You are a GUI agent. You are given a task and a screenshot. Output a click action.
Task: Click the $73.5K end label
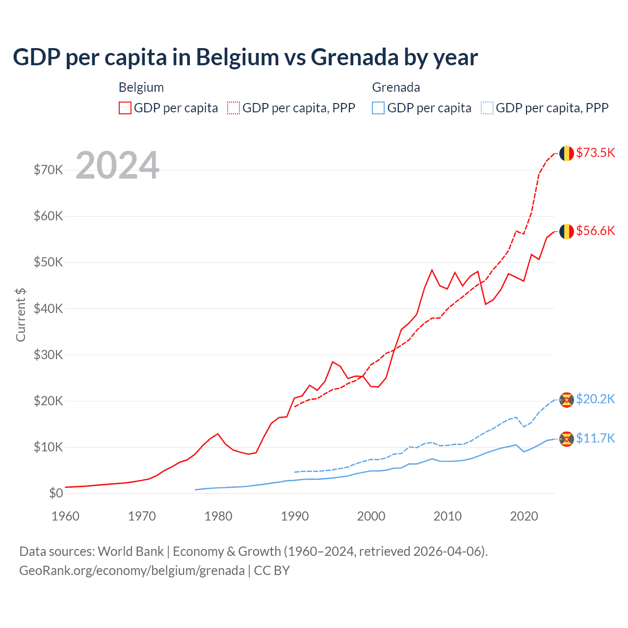tap(595, 153)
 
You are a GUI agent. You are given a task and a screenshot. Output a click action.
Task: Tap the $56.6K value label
tap(595, 231)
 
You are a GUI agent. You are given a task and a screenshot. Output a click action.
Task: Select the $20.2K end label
tap(595, 399)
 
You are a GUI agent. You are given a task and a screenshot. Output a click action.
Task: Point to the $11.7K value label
tap(595, 438)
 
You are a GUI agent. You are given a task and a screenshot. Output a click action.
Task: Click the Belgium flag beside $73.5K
tap(567, 153)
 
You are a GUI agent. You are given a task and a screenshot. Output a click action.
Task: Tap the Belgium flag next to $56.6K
tap(567, 231)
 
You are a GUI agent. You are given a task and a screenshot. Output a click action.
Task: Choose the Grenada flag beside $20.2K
tap(567, 399)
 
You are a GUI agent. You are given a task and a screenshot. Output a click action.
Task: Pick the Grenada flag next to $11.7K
tap(567, 439)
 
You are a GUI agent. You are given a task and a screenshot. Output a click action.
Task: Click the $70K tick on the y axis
tap(48, 170)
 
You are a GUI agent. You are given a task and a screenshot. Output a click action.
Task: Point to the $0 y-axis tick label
tap(56, 493)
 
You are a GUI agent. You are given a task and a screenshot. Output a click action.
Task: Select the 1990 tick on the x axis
tap(295, 516)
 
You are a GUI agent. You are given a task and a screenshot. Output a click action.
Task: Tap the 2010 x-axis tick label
tap(447, 516)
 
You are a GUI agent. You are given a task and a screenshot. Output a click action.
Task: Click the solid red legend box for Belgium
tap(125, 108)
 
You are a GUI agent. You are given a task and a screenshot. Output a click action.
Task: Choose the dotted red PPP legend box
tap(234, 108)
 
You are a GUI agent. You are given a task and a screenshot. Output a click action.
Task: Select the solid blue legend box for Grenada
tap(378, 108)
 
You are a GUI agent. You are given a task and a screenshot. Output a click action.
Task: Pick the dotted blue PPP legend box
tap(487, 108)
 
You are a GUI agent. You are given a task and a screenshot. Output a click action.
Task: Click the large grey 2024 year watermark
tap(118, 165)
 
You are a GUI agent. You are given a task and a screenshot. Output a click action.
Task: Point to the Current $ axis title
tap(21, 314)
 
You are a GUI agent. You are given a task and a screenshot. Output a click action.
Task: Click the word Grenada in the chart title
tap(354, 57)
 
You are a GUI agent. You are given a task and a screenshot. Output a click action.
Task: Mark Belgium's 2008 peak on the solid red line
tap(432, 270)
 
